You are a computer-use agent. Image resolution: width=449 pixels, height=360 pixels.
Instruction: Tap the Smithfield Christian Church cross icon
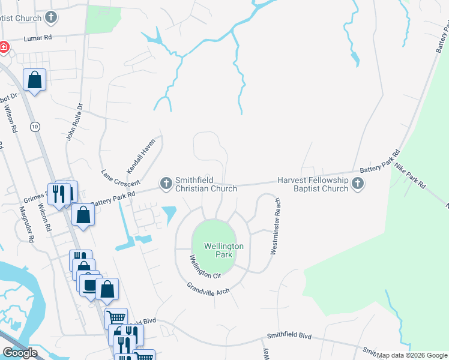click(166, 182)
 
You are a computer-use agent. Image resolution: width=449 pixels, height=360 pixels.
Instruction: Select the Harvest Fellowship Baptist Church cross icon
click(358, 184)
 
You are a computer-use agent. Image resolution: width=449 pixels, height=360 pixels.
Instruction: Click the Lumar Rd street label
click(38, 38)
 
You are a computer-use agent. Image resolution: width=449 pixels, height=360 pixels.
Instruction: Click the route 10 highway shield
click(35, 126)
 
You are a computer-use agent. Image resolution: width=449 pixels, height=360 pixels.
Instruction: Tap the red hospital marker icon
click(3, 47)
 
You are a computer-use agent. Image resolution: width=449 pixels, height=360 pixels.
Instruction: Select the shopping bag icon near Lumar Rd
click(35, 79)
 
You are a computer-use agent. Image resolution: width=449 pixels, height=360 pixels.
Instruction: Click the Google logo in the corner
click(20, 353)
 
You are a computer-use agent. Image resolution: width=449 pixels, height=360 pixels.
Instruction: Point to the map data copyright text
click(412, 355)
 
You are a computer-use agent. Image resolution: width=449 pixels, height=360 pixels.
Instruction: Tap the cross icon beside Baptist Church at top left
click(52, 17)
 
